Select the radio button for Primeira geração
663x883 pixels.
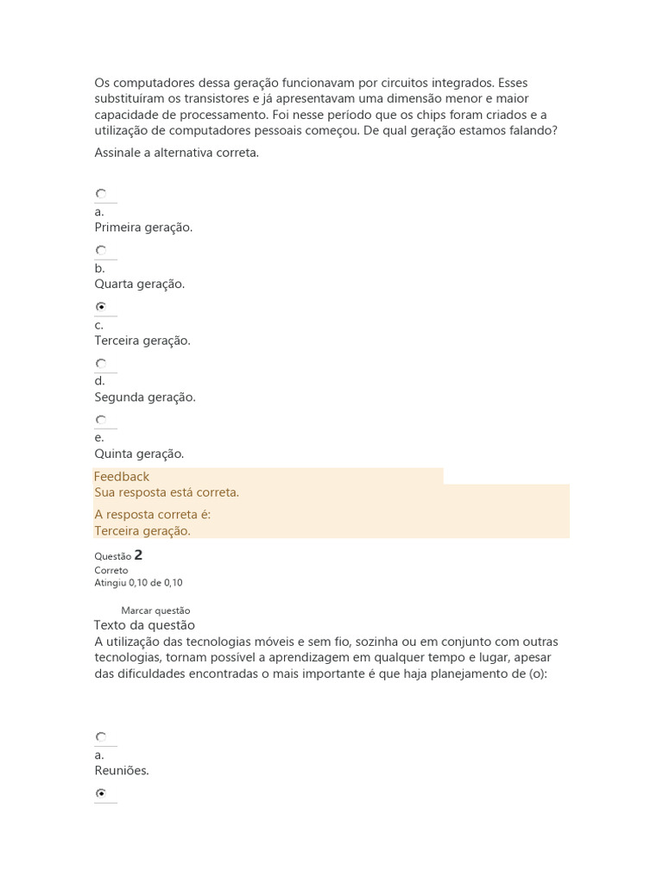[x=101, y=194]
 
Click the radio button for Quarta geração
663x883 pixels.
[x=101, y=251]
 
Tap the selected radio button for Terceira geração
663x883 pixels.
[x=101, y=307]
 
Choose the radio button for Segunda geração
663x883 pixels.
[x=101, y=364]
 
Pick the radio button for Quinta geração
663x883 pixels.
[x=101, y=420]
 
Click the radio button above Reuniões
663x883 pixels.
[x=101, y=737]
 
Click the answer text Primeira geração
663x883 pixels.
[x=143, y=228]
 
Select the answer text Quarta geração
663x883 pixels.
[x=140, y=284]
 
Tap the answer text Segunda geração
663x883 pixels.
[x=145, y=397]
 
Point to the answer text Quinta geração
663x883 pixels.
[x=140, y=454]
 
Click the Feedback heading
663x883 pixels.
[x=122, y=476]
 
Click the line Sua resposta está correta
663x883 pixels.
[x=167, y=492]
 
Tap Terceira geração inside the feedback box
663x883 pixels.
[x=142, y=531]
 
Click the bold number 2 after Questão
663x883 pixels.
[x=138, y=555]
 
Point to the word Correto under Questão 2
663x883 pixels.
[x=111, y=570]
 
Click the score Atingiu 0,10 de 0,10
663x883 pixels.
[x=138, y=582]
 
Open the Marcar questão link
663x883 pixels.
[x=155, y=611]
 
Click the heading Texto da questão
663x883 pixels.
[x=144, y=625]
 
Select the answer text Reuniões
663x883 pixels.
[x=122, y=771]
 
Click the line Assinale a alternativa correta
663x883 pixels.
[x=176, y=153]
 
